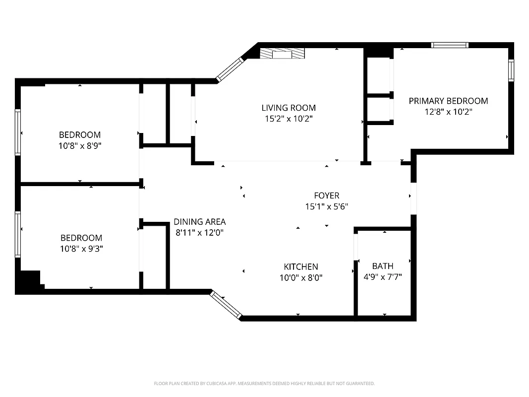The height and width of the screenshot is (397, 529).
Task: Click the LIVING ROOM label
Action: (289, 108)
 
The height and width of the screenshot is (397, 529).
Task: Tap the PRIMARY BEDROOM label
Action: (448, 101)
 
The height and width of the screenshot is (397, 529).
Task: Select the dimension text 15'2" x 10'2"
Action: (289, 119)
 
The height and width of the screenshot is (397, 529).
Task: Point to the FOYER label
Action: (326, 196)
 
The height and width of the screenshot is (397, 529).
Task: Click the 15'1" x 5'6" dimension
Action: (326, 207)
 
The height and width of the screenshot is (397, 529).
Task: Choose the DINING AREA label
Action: (200, 222)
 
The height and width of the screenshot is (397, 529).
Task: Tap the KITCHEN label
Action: (301, 266)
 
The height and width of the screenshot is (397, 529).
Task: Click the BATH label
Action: (382, 266)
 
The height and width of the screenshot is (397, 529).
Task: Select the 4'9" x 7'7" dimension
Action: (382, 277)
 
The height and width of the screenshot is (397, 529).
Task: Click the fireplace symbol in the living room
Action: (282, 53)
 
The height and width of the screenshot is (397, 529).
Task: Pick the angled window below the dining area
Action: (226, 304)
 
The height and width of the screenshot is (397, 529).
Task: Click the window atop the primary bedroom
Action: (450, 45)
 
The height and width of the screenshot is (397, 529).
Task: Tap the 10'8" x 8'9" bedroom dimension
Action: (80, 146)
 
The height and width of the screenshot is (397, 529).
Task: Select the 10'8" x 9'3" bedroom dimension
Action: (81, 249)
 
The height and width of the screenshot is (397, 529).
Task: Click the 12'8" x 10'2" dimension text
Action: (448, 112)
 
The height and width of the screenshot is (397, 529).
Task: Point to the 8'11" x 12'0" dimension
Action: (200, 233)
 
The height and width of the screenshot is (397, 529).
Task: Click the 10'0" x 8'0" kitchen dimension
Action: (301, 278)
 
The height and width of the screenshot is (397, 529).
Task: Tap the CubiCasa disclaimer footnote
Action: (264, 384)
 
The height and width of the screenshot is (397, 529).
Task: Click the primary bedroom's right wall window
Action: (511, 70)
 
